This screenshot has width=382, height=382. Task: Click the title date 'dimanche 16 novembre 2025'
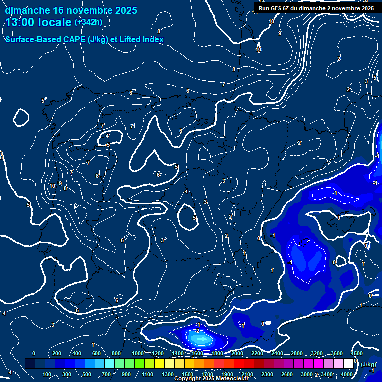click(72, 10)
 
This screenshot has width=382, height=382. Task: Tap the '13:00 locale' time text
click(38, 22)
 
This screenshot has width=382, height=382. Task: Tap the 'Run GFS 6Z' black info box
click(316, 8)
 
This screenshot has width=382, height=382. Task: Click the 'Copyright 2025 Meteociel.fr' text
click(211, 379)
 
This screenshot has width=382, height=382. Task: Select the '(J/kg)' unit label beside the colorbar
click(368, 364)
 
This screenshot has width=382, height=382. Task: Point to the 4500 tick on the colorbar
click(356, 353)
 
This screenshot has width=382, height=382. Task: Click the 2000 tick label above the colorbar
click(237, 353)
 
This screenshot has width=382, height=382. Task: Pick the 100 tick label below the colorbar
click(47, 374)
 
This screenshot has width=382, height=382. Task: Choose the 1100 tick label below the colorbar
click(147, 374)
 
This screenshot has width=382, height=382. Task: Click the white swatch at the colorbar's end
click(348, 364)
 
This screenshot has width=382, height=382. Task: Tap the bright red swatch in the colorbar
click(239, 364)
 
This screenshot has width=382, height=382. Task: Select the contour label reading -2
click(197, 331)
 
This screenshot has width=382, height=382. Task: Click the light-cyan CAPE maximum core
click(200, 339)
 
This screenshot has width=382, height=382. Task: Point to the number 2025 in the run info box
click(367, 8)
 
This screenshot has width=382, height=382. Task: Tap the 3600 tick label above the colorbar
click(337, 353)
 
